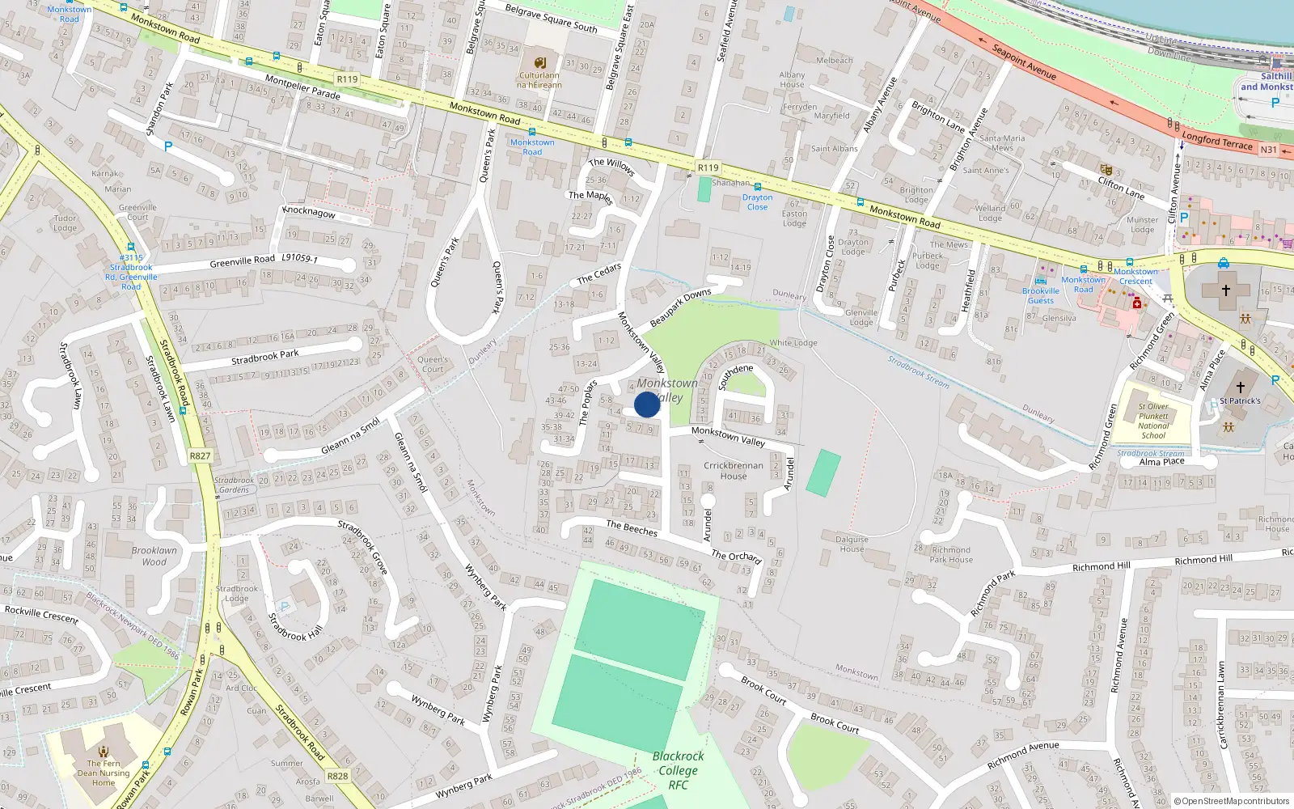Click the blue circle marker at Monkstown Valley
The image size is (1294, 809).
pos(647,404)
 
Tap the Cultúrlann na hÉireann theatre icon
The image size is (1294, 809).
pos(540,62)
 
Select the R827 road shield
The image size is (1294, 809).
pos(200,455)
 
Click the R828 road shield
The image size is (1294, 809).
pos(337,776)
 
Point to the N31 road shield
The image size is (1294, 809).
pos(1268,150)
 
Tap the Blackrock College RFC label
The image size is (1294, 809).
pos(678,770)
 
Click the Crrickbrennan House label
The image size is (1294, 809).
pos(733,471)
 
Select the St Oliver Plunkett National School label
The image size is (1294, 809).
pos(1153,421)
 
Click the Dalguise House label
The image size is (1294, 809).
pos(852,544)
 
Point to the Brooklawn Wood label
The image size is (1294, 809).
pos(154,556)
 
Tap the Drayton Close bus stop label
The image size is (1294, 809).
pos(757,202)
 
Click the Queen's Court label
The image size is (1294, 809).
pos(433,364)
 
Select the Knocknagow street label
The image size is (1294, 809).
pos(308,212)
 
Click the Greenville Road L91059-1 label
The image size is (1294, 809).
pos(264,260)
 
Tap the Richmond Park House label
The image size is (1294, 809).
pos(951,554)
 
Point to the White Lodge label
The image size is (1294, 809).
pos(793,343)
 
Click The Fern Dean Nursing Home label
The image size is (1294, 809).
pos(104,773)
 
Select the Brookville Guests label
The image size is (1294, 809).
pos(1041,295)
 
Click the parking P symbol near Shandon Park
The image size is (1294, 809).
pos(168,146)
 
